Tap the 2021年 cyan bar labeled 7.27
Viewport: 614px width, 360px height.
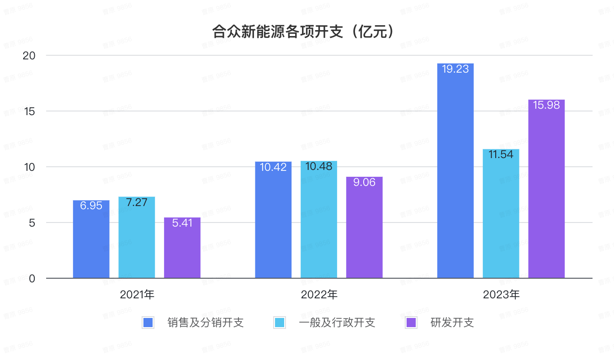[x=137, y=237]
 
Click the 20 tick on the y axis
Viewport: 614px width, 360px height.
[x=29, y=55]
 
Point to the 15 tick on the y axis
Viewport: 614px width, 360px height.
[x=29, y=111]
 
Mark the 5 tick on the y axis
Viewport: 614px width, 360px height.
[x=32, y=222]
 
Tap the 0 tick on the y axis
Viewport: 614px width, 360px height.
[x=32, y=278]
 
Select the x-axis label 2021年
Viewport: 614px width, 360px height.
[x=137, y=295]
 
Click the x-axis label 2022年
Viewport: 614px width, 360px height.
[x=319, y=295]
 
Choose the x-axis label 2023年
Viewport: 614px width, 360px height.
[x=501, y=295]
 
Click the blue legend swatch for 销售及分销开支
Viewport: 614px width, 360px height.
[x=148, y=323]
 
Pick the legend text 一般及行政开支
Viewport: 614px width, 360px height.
[x=337, y=323]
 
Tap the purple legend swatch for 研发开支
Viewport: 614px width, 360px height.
[x=411, y=323]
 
